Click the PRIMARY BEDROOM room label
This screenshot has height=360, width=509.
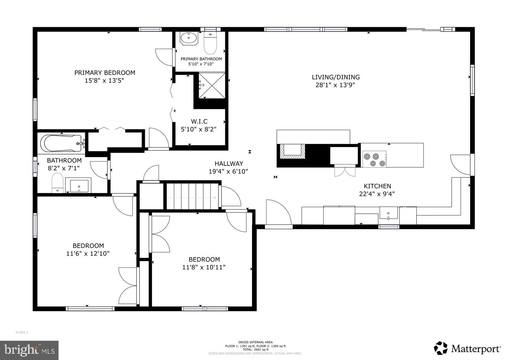click(x=105, y=73)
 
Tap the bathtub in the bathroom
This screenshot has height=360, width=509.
click(x=61, y=144)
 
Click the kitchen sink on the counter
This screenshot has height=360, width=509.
click(x=388, y=213)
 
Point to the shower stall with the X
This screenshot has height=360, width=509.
click(x=212, y=86)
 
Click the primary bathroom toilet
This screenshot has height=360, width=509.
click(x=210, y=43)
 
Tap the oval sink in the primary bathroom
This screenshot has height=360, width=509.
click(x=189, y=38)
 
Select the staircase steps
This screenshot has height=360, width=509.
click(x=193, y=196)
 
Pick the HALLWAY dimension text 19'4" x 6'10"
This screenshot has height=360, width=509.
click(x=228, y=172)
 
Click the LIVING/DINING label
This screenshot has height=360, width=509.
click(x=336, y=77)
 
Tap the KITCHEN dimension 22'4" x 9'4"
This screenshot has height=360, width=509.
click(x=377, y=194)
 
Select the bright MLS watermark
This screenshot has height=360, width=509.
click(x=29, y=350)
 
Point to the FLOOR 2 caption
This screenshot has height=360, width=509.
click(x=22, y=332)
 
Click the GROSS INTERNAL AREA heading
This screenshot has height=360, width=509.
click(x=256, y=342)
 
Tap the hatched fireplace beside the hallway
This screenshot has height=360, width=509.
click(x=292, y=152)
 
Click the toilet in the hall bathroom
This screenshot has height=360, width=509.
click(x=57, y=183)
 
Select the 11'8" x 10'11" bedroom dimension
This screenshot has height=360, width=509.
click(x=204, y=267)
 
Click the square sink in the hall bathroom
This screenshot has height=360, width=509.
click(x=78, y=185)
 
